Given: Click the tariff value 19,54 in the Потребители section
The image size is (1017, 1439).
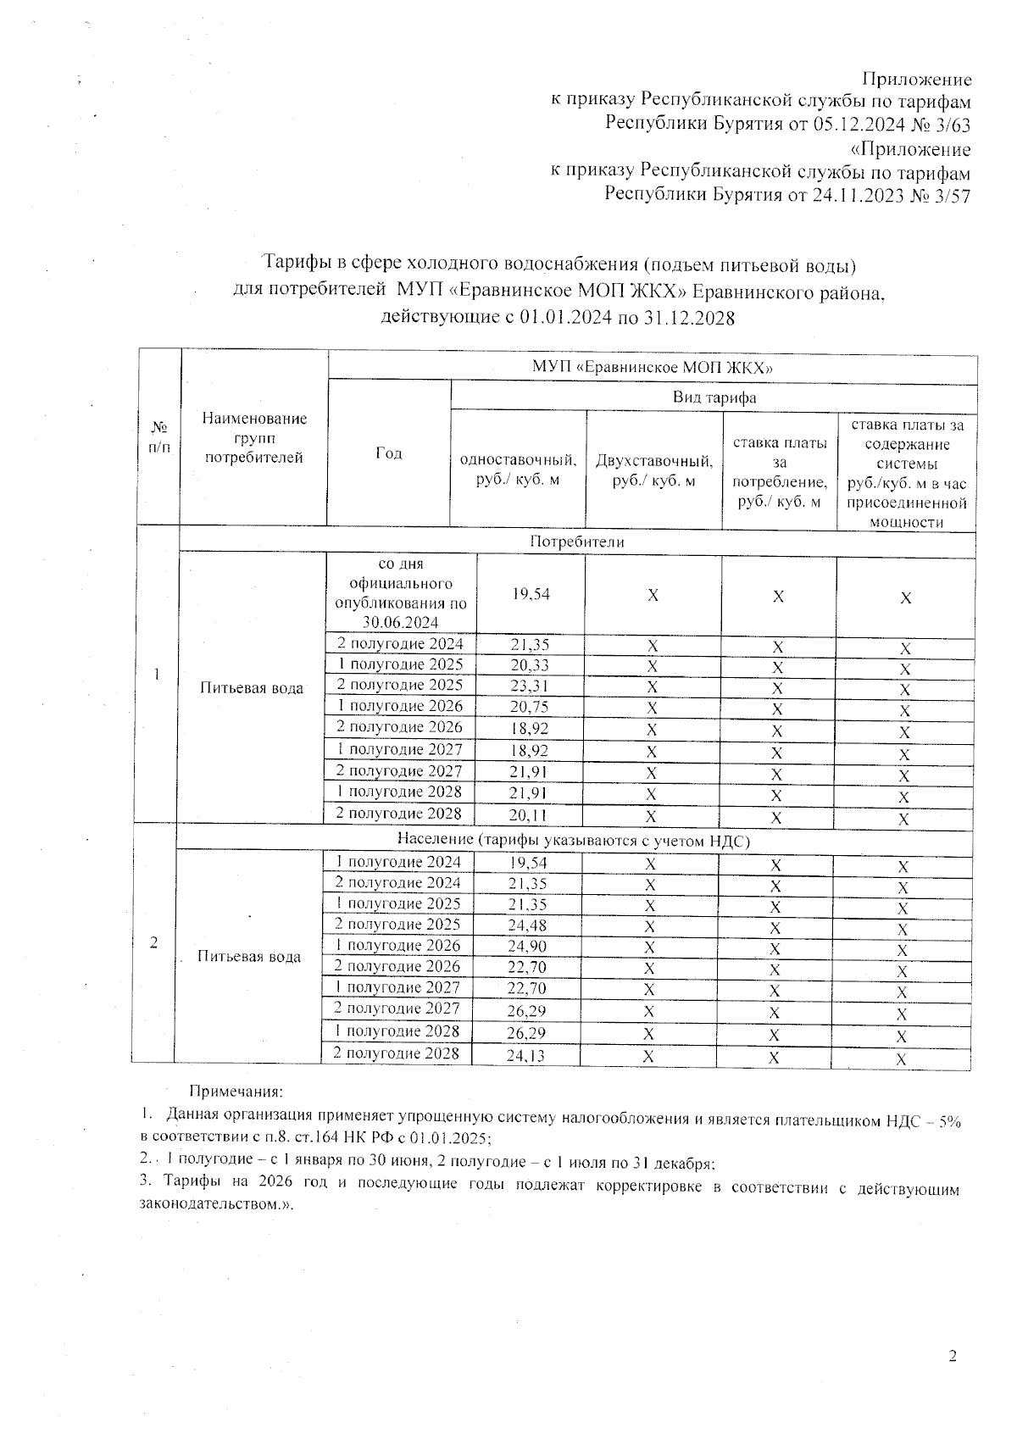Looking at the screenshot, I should click(531, 595).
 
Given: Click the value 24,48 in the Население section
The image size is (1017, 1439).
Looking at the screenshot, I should click(527, 925).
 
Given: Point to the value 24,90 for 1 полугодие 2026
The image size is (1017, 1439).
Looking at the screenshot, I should click(527, 947).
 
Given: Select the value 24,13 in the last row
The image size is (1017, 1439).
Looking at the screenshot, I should click(527, 1055).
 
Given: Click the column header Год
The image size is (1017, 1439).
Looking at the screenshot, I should click(388, 453).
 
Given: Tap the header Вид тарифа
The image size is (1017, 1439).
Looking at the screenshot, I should click(714, 397).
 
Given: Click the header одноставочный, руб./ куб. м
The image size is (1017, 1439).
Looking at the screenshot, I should click(518, 470).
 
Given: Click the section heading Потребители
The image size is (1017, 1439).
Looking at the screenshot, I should click(576, 542).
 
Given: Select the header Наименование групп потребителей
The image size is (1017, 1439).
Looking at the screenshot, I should click(254, 438).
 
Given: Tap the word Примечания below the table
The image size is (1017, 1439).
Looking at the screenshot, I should click(236, 1093).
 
